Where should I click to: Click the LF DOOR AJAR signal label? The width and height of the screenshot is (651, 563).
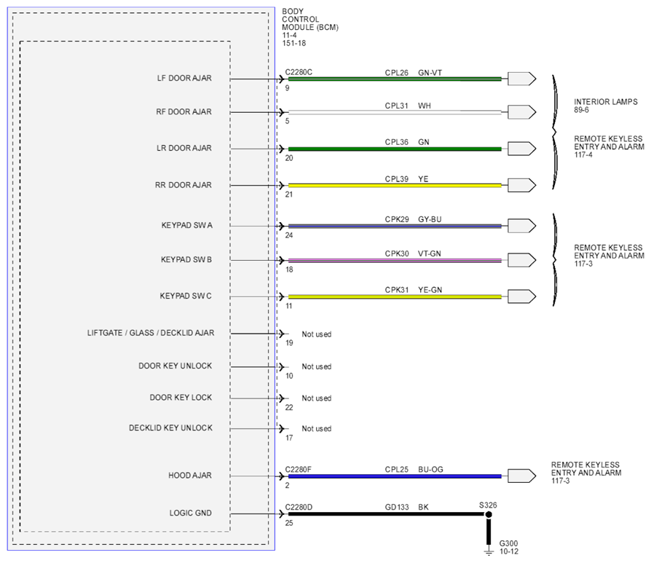(184, 78)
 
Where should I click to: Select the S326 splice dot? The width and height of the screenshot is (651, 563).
(489, 514)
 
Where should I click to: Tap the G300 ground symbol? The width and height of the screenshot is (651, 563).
(489, 552)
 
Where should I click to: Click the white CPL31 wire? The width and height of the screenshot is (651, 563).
(395, 112)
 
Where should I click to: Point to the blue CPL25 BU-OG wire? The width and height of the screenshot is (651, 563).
(395, 476)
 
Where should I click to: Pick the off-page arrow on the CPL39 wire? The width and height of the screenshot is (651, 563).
(522, 185)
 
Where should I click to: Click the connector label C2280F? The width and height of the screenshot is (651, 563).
(298, 470)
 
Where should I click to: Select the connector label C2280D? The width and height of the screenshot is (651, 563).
(299, 507)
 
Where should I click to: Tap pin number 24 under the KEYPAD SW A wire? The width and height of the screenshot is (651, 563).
(289, 235)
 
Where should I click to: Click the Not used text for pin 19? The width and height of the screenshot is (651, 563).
(316, 334)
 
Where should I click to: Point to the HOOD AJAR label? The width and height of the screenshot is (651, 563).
(190, 476)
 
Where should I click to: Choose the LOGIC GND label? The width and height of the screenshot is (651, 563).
(190, 513)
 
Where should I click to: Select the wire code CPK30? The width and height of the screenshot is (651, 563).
(396, 253)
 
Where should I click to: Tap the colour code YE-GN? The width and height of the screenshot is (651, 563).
(430, 290)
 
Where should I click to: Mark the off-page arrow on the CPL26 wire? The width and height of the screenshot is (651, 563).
(522, 79)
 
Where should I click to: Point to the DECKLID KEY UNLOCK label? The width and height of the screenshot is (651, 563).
(170, 428)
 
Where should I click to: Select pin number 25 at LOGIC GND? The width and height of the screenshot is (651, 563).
(289, 523)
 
